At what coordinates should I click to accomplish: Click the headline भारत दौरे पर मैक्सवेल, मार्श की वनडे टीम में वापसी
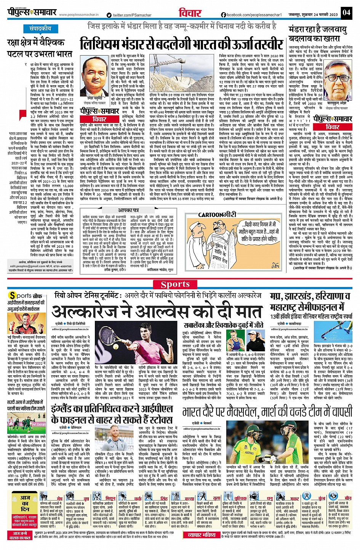click(x=267, y=412)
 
